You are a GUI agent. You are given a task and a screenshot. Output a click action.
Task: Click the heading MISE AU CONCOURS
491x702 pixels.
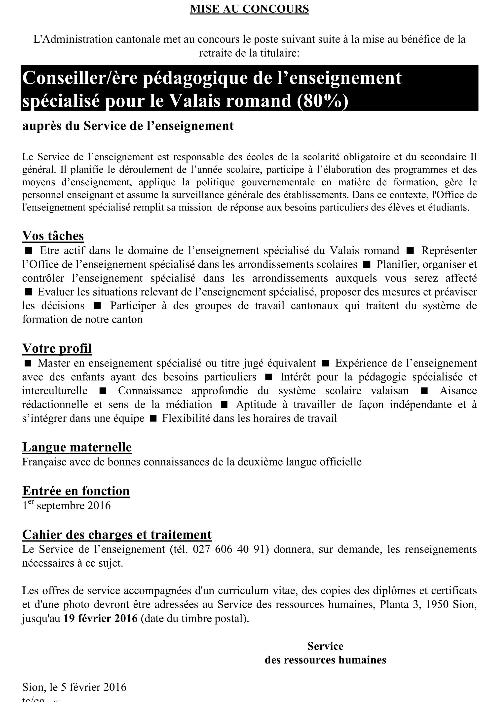click(249, 9)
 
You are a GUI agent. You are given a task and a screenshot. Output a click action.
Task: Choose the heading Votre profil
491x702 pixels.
click(57, 348)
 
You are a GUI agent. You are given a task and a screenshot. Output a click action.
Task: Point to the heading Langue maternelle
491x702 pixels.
click(77, 447)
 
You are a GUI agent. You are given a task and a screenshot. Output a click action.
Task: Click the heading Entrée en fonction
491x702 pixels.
click(76, 491)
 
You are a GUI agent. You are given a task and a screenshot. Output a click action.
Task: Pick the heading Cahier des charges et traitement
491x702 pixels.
click(117, 534)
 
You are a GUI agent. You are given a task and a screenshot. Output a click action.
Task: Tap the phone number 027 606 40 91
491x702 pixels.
click(231, 549)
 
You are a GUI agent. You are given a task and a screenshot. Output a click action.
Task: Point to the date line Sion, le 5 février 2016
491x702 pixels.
click(74, 687)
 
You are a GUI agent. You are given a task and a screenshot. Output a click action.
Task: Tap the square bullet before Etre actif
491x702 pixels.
click(28, 251)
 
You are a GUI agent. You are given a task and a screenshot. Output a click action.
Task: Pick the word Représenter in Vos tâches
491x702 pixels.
click(449, 250)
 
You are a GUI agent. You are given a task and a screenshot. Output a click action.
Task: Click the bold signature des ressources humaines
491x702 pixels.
click(325, 660)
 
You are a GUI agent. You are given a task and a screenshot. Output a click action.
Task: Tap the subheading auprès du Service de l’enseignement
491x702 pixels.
click(128, 126)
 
